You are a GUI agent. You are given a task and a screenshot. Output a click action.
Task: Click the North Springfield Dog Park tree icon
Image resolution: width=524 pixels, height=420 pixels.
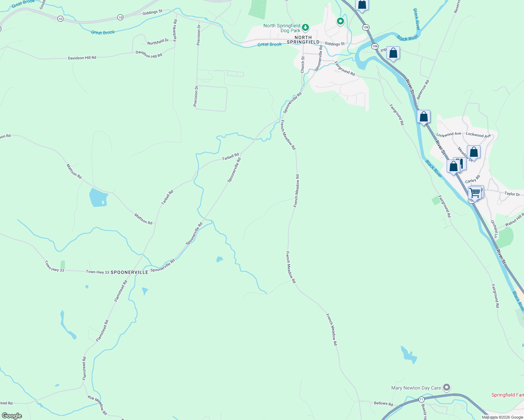(x=305, y=27)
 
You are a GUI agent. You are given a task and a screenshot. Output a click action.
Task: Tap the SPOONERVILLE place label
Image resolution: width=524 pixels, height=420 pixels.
(x=129, y=272)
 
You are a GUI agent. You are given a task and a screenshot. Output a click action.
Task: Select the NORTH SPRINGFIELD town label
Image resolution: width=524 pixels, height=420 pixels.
(x=303, y=40)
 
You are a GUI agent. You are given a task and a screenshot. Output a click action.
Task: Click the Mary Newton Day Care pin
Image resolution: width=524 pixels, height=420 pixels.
(x=446, y=387)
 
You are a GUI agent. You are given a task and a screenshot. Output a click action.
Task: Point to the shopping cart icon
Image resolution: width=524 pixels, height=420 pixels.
(x=475, y=193)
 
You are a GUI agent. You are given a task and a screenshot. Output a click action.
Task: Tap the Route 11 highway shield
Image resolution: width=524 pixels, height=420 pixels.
(x=421, y=399)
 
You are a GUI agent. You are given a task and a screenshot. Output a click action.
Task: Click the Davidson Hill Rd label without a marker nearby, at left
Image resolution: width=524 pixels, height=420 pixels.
(x=82, y=58)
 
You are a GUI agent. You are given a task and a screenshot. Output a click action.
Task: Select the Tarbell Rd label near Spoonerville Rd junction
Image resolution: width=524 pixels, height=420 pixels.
(x=230, y=157)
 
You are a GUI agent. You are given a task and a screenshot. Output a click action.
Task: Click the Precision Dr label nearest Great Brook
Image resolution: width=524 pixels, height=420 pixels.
(x=199, y=35)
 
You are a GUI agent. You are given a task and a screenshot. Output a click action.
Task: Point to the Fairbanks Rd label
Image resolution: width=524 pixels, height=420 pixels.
(x=175, y=30)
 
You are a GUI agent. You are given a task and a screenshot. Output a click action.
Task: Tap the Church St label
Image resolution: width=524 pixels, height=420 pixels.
(x=303, y=65)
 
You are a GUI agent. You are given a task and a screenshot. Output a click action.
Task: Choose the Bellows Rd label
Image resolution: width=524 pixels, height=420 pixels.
(x=383, y=403)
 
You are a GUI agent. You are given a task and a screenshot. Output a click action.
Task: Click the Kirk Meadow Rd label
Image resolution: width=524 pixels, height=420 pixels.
(x=97, y=405)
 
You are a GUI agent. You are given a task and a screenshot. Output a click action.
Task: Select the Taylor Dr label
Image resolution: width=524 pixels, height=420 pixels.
(x=512, y=194)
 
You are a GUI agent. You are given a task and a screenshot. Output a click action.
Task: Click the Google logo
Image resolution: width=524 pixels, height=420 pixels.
(x=12, y=415)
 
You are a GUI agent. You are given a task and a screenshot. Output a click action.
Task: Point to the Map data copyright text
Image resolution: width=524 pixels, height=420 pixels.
(x=502, y=417)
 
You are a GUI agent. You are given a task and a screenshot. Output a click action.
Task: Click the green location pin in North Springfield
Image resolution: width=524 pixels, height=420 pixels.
(x=340, y=21)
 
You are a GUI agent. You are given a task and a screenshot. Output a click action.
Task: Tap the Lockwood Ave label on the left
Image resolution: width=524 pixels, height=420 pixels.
(x=449, y=134)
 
